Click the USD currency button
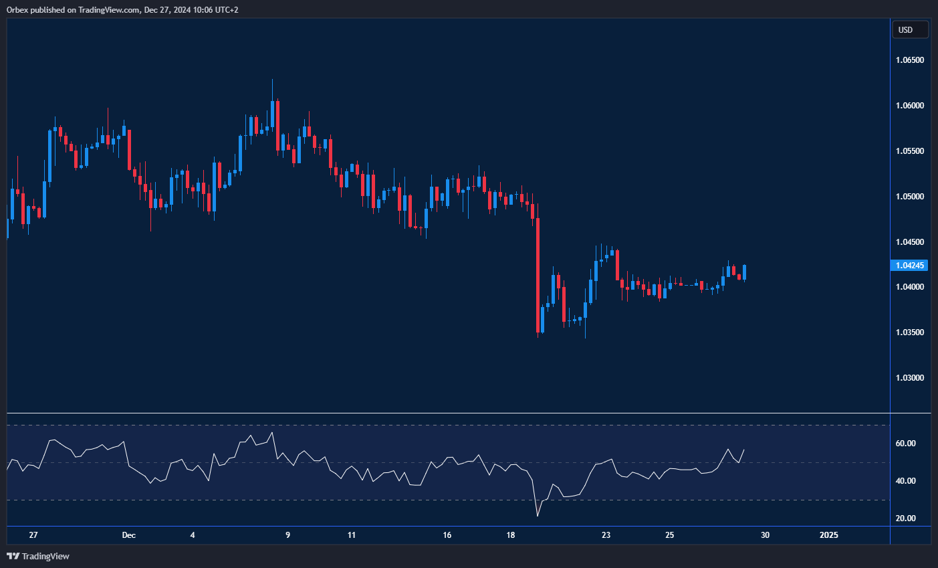(910, 29)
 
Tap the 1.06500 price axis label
(909, 60)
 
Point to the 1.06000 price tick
(909, 106)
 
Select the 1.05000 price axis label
(909, 197)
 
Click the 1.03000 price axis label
(909, 378)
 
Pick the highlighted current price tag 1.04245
(910, 266)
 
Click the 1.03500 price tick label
(909, 333)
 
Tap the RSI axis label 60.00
(905, 444)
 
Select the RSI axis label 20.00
(905, 518)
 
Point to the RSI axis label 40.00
(905, 481)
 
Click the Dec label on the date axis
(129, 535)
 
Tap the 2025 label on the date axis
(828, 535)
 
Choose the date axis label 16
(447, 535)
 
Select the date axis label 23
(606, 535)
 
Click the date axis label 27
(33, 535)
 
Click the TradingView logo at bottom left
(38, 556)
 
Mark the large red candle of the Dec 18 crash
(538, 274)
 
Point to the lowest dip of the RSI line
(538, 516)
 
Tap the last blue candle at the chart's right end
(744, 272)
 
